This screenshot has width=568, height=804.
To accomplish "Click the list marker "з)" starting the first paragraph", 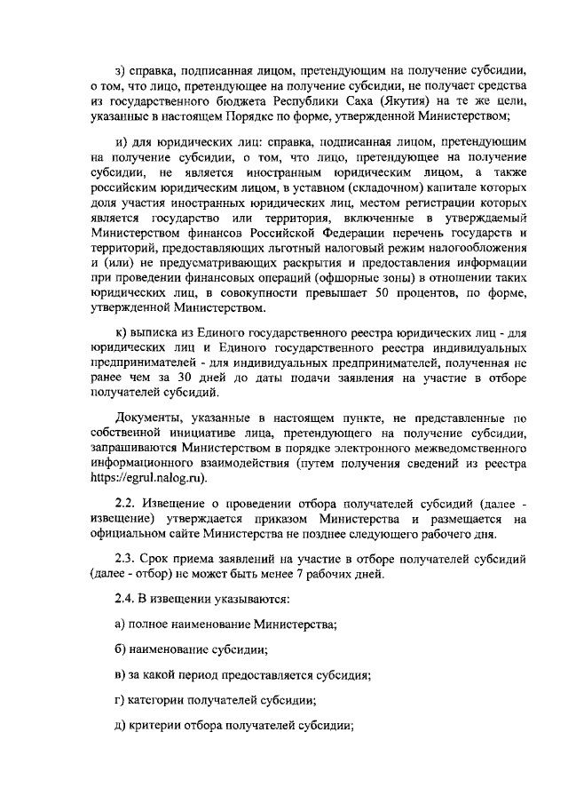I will tap(122, 68).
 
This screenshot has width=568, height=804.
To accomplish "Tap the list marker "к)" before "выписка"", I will tap(122, 331).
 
